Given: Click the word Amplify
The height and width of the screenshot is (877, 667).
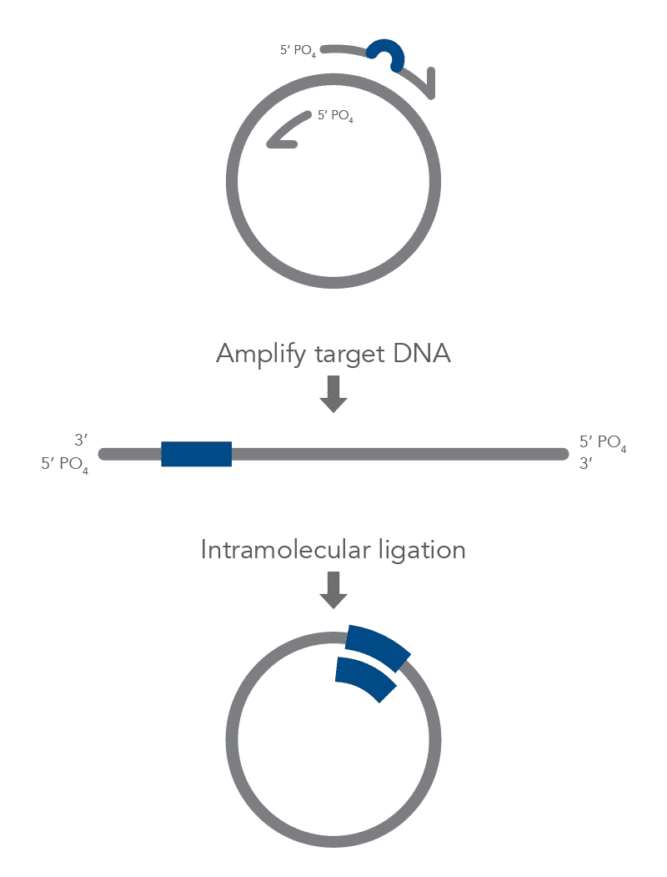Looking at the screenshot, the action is click(x=261, y=355).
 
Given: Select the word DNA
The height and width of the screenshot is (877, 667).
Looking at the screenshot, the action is click(x=422, y=354).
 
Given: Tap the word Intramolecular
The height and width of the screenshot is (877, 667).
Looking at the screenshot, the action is click(x=285, y=549).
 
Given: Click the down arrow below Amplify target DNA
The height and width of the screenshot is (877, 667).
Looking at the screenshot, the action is click(x=333, y=395).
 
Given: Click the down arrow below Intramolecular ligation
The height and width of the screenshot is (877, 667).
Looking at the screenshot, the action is click(x=333, y=590).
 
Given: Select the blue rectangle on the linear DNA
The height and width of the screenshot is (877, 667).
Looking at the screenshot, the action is click(x=197, y=454).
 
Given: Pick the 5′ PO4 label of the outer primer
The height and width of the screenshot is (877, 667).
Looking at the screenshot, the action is click(x=298, y=51).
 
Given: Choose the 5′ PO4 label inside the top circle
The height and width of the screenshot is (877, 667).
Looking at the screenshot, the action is click(x=335, y=116).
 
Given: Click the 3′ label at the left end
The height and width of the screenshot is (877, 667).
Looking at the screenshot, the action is click(x=82, y=441).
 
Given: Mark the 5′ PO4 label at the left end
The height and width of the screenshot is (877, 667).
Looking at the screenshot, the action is click(x=65, y=464).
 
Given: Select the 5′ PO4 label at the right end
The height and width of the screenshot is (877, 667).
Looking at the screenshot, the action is click(x=603, y=442).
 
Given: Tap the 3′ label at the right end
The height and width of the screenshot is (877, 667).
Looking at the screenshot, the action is click(x=585, y=463).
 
